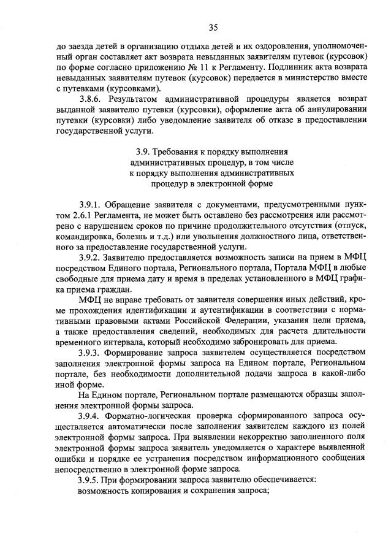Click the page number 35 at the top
[213, 26]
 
